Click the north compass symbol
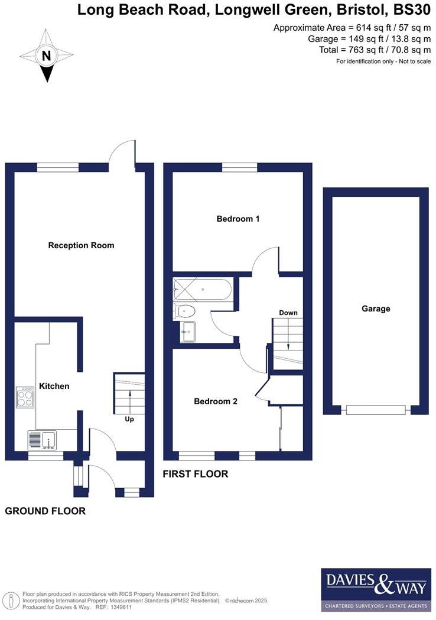[x=46, y=56]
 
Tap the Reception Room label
[x=81, y=245]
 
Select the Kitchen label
[x=54, y=386]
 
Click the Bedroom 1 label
[x=238, y=219]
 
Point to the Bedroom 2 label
[x=216, y=401]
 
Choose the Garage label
[x=376, y=309]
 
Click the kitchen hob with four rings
[x=25, y=397]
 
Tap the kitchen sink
[x=43, y=440]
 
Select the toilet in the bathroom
[x=185, y=310]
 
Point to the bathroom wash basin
[x=188, y=331]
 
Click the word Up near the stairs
[x=129, y=420]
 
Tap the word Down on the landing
[x=288, y=313]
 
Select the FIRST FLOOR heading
[x=196, y=474]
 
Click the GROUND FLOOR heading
[x=45, y=511]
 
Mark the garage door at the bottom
[x=376, y=409]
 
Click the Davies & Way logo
[x=376, y=588]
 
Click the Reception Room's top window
[x=57, y=167]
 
